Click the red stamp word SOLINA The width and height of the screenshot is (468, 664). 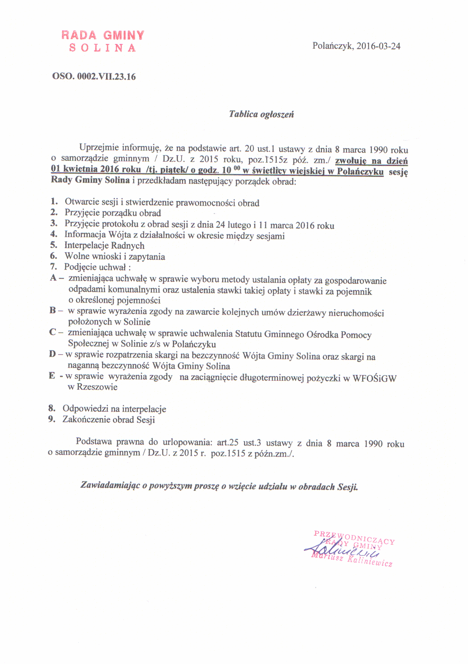(x=102, y=48)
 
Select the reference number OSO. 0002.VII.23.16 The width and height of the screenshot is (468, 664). (x=94, y=77)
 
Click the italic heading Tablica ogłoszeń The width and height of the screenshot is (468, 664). (x=261, y=114)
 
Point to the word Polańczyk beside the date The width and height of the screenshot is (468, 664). (x=332, y=46)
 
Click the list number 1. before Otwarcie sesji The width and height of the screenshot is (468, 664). (x=55, y=202)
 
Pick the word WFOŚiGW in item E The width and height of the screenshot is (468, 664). (x=374, y=378)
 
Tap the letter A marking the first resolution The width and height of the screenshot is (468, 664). (x=53, y=278)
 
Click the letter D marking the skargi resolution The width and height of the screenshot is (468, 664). (x=52, y=354)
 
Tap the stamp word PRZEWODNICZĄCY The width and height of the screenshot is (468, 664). (x=354, y=537)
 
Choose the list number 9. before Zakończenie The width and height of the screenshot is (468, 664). (x=52, y=419)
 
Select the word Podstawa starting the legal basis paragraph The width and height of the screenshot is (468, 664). (x=94, y=441)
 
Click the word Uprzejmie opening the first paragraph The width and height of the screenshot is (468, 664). (x=99, y=148)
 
